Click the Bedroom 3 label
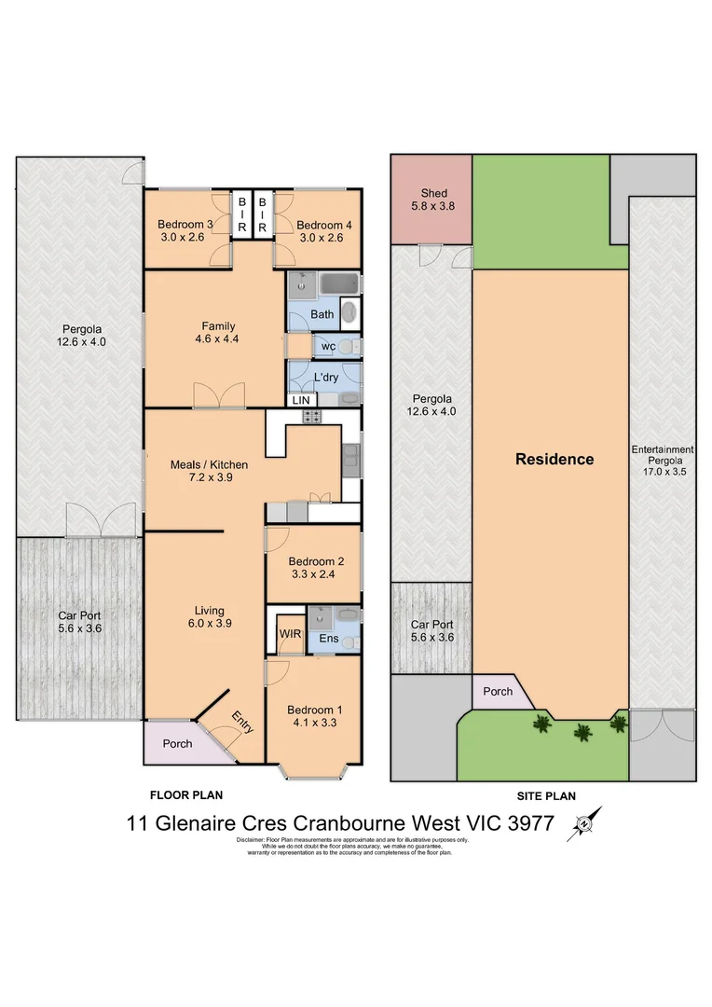(185, 224)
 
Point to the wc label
(327, 347)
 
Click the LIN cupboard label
(300, 400)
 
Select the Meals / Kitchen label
(209, 464)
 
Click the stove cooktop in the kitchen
(311, 417)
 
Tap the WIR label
(289, 633)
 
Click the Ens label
(329, 639)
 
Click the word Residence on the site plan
(555, 459)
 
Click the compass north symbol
(584, 824)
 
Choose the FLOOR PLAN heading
(186, 795)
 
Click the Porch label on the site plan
(498, 692)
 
